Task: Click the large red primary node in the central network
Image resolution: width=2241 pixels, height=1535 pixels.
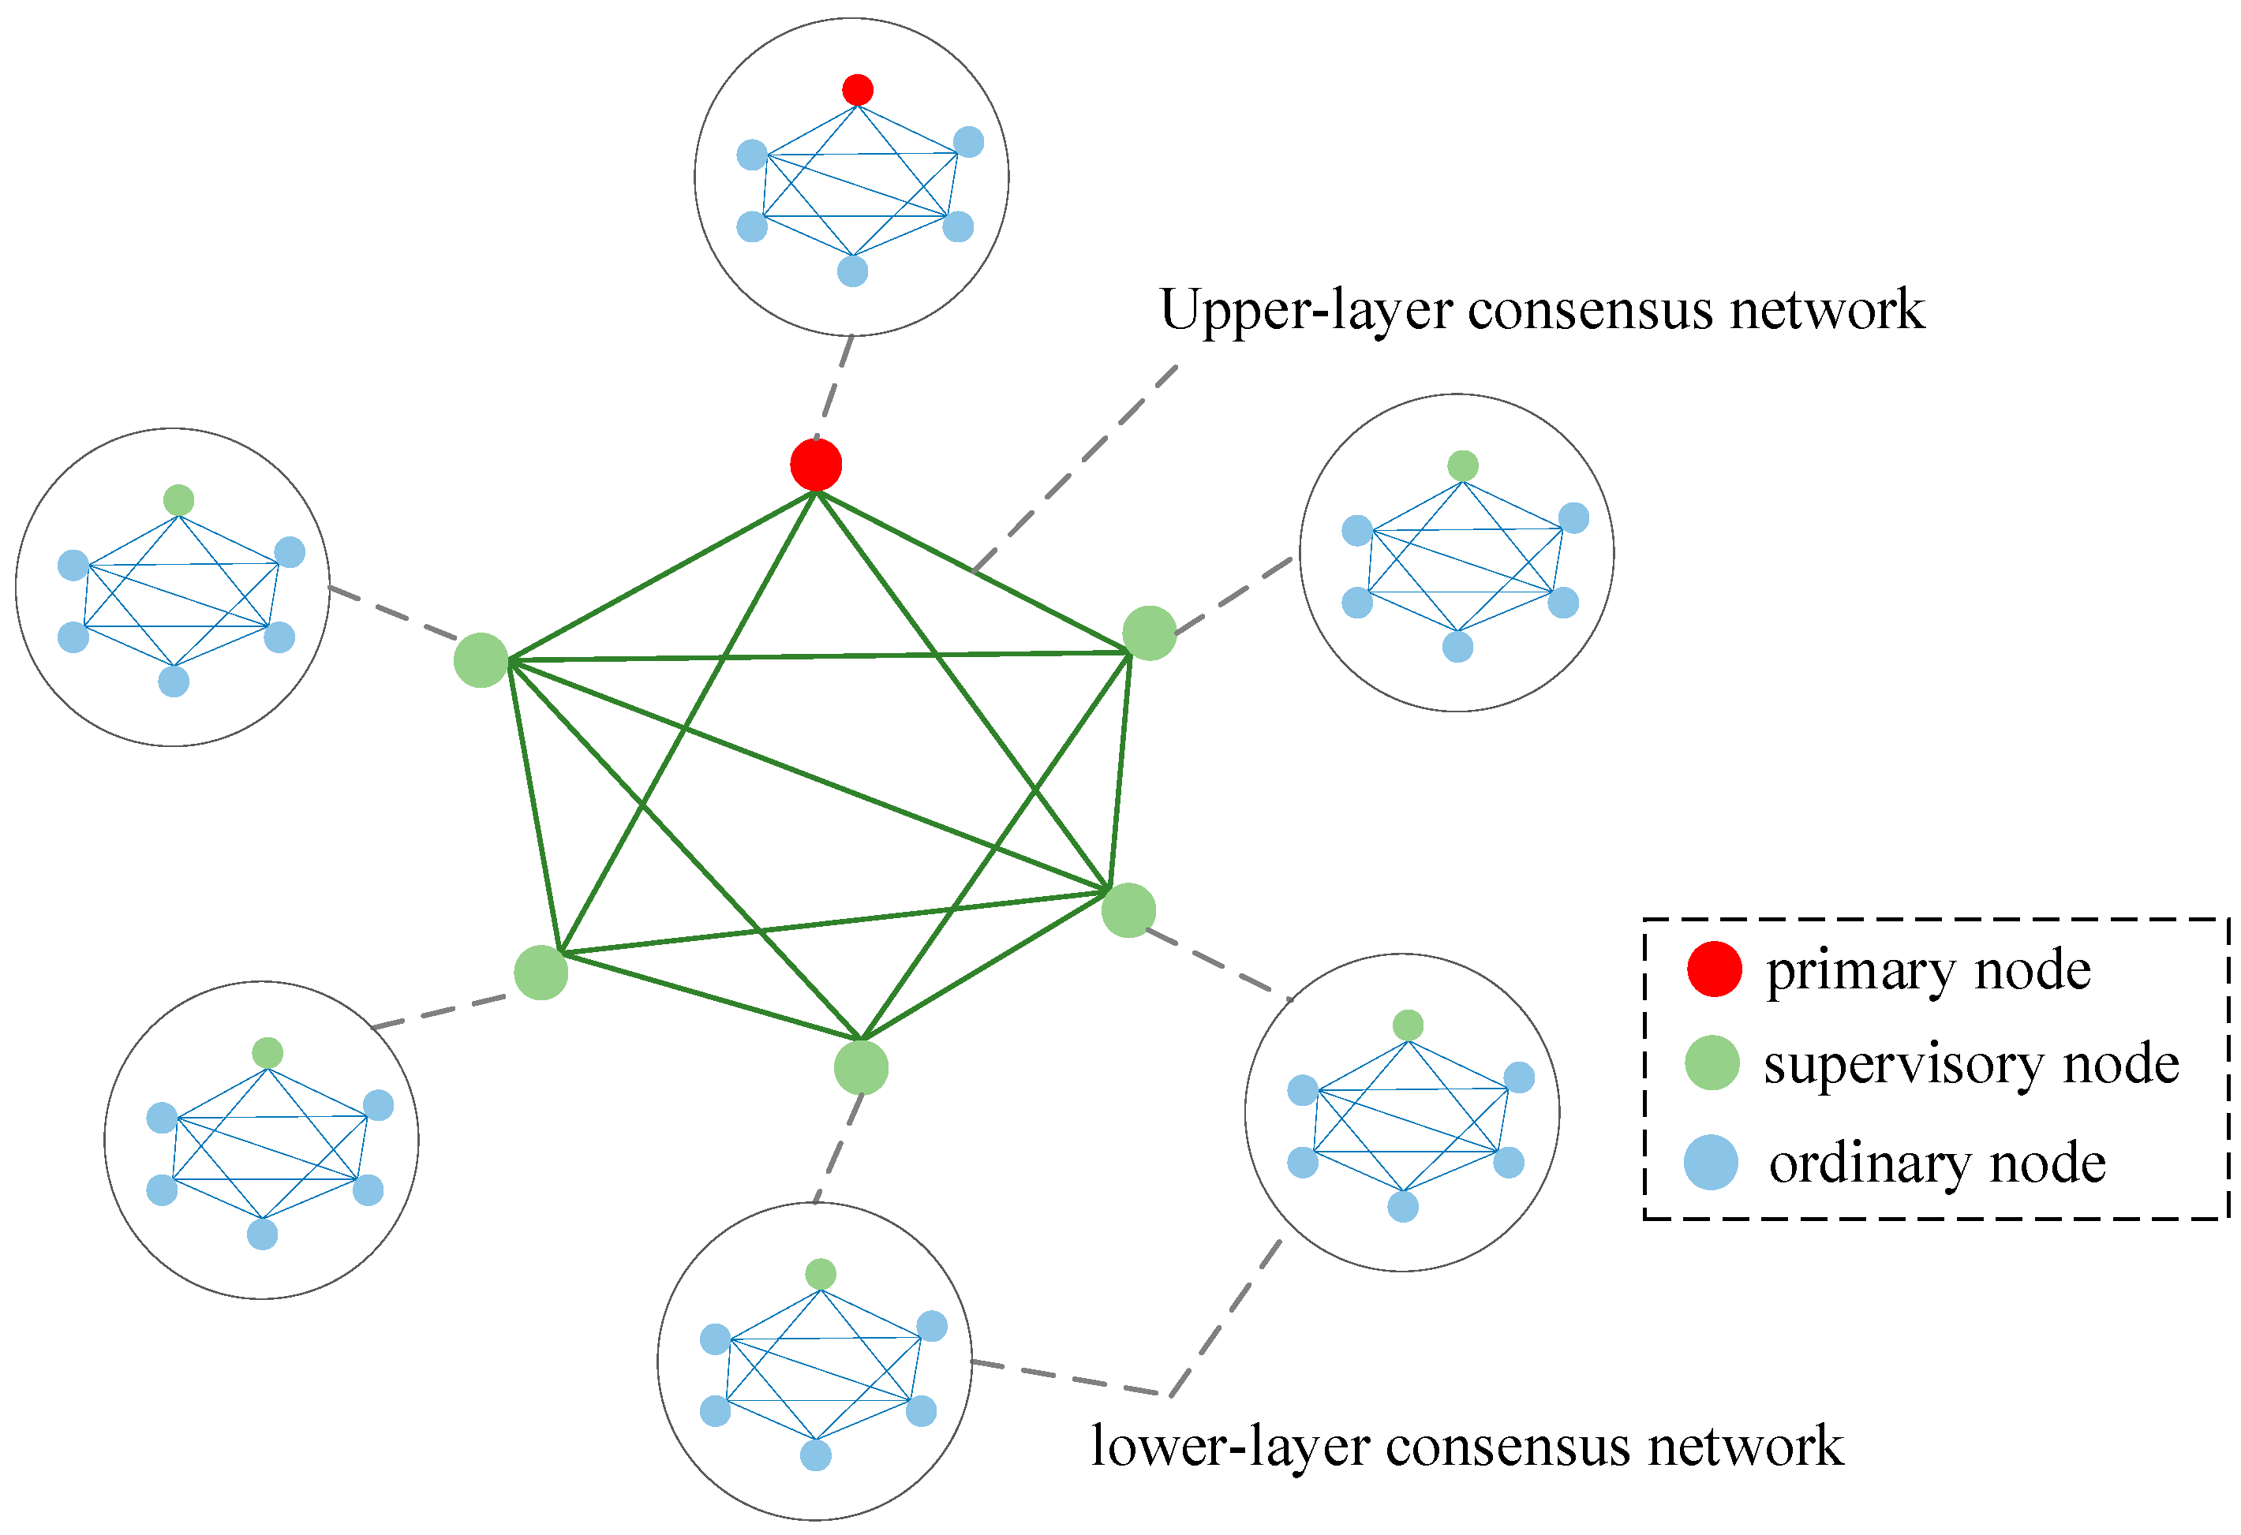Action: click(816, 465)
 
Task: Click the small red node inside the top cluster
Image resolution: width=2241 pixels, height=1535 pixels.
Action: click(857, 90)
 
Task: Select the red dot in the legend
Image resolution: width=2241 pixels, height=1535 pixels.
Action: click(1715, 969)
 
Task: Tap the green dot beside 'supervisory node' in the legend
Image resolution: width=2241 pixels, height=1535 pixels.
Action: click(1712, 1063)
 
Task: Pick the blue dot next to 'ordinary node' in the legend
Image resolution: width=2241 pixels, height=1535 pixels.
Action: click(1712, 1163)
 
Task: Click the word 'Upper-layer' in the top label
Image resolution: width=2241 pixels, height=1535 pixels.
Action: click(1304, 312)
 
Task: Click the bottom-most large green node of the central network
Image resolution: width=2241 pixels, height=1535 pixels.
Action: click(861, 1068)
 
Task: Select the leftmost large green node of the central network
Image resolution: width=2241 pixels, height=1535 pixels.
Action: click(481, 660)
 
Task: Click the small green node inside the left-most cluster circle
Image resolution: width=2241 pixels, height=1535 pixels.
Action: click(178, 500)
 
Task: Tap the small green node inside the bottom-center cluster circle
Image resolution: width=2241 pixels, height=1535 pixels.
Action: click(821, 1275)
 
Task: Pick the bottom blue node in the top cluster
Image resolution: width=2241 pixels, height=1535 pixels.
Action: click(852, 271)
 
